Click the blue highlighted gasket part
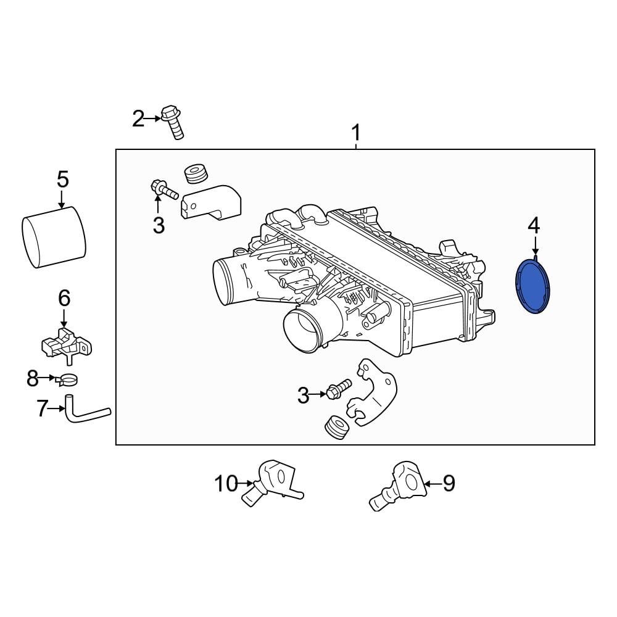(532, 288)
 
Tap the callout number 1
(355, 133)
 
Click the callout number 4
(534, 225)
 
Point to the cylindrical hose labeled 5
(53, 238)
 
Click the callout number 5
(62, 180)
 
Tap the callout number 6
(64, 298)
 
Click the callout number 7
(42, 408)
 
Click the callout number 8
(33, 378)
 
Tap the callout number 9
(449, 483)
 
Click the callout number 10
(226, 484)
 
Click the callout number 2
(138, 118)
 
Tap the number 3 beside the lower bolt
(302, 395)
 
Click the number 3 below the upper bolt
(159, 226)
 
